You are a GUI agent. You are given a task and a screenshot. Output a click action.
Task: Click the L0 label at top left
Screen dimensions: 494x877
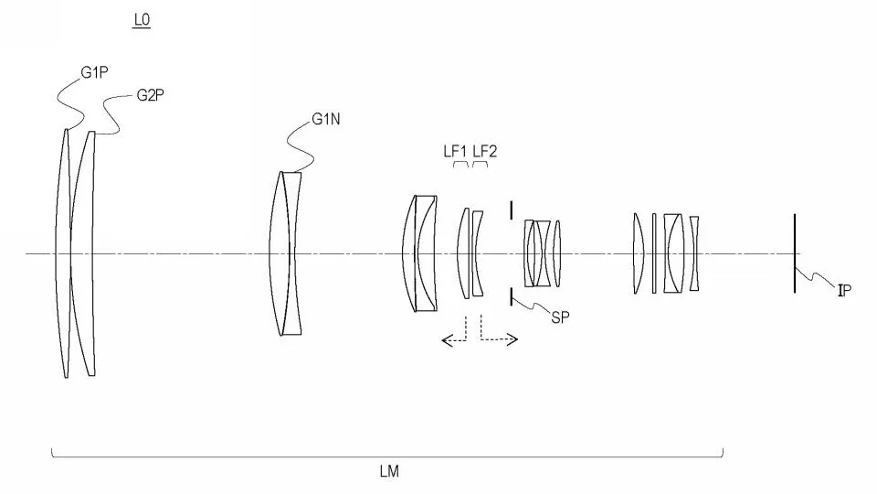(x=142, y=20)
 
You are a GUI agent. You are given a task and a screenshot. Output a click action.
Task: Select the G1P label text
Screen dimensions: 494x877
(x=95, y=74)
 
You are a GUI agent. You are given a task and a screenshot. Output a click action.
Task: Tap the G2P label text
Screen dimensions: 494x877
(x=150, y=94)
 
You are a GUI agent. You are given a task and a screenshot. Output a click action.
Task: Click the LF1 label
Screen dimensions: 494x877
(x=456, y=151)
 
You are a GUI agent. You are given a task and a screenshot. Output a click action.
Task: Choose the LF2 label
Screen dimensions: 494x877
(x=485, y=151)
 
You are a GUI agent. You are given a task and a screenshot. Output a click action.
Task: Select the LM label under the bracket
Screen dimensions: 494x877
(x=388, y=472)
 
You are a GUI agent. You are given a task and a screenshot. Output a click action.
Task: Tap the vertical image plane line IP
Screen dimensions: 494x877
(x=795, y=253)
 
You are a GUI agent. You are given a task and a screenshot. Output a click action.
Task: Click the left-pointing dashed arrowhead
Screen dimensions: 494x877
(x=447, y=340)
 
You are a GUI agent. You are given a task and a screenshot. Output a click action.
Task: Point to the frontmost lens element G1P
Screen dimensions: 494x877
(x=64, y=253)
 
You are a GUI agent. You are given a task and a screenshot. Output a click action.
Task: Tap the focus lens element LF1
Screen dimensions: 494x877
(x=464, y=253)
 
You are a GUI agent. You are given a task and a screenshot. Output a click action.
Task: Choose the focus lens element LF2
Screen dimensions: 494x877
(x=478, y=253)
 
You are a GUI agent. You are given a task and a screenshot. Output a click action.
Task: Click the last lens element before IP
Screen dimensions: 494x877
(x=694, y=253)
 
